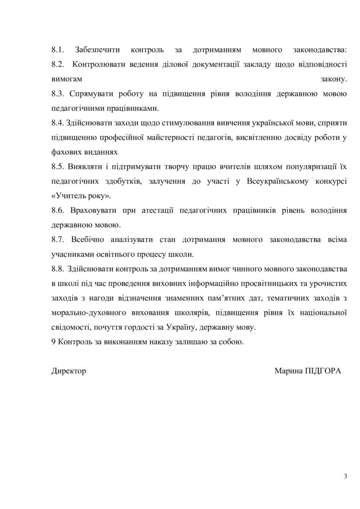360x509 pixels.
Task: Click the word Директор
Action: [x=69, y=371]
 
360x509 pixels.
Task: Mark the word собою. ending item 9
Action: [x=232, y=342]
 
